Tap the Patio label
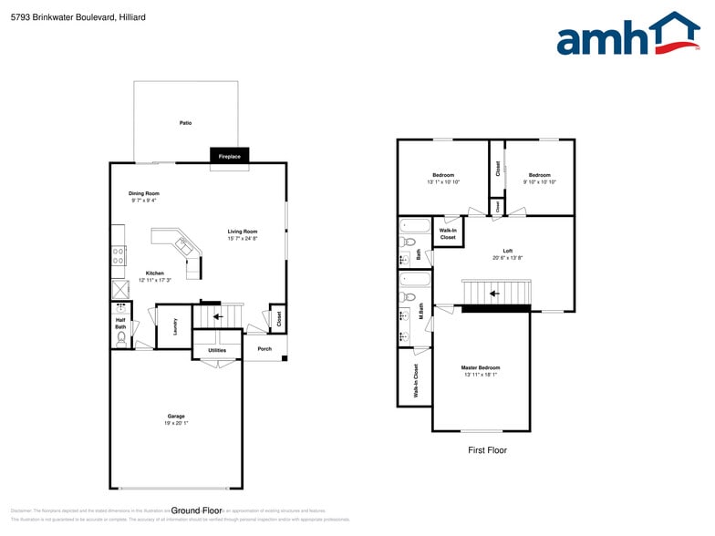185,122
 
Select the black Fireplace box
229,156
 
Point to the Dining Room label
144,193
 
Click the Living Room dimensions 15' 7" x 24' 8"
243,239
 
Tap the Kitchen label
155,273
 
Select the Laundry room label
174,326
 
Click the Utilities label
217,350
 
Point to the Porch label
264,348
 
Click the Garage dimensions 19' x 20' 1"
175,423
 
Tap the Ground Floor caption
196,510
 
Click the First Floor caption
487,450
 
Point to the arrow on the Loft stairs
493,294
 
